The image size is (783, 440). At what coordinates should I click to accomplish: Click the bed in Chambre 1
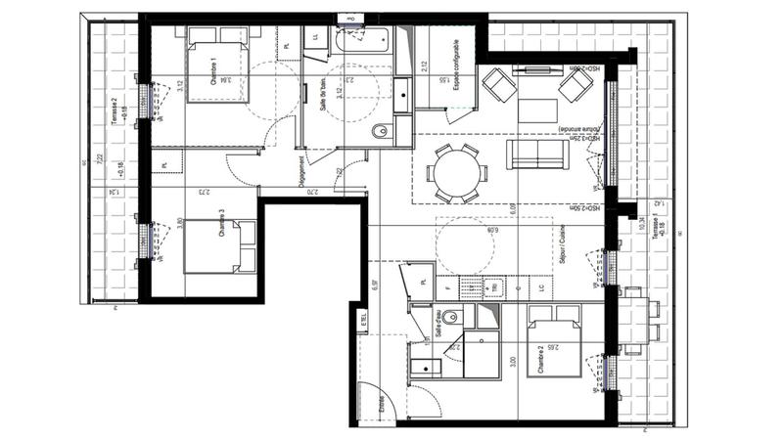coord(217,64)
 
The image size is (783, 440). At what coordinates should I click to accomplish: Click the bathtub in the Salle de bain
coord(362,41)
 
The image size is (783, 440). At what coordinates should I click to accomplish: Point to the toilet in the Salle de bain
coord(381,130)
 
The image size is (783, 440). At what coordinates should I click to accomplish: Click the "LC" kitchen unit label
coord(541,289)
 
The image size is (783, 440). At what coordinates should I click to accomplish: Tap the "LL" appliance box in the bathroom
coord(315,37)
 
